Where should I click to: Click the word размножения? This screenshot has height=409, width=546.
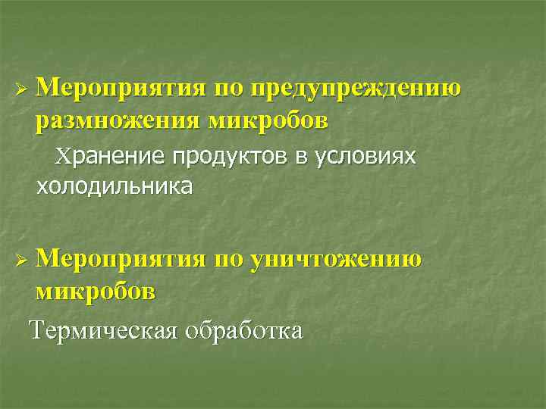point(115,120)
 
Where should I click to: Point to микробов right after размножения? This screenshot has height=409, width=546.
point(266,120)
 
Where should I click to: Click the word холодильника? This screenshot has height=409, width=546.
point(114,186)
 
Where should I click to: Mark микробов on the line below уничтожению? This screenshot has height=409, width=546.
point(95,290)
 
